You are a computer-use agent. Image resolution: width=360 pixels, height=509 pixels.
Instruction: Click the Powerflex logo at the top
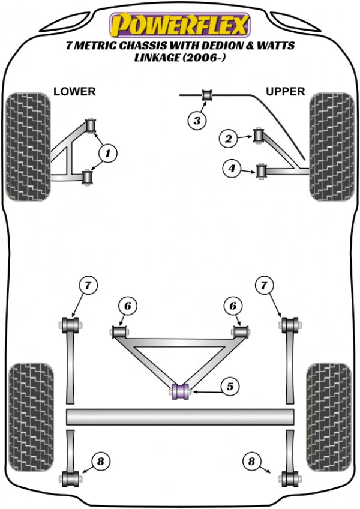pos(179,25)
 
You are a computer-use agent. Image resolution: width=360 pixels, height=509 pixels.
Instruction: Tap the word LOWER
pos(74,92)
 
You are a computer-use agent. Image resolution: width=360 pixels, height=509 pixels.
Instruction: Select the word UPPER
pos(286,92)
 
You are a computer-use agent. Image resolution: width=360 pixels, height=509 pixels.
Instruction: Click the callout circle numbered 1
pos(108,154)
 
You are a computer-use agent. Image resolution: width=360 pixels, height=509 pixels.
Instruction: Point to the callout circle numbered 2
pos(228,139)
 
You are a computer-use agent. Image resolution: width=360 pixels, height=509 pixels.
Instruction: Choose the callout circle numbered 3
pos(196,121)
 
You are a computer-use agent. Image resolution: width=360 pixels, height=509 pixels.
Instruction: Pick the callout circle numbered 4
pos(232,169)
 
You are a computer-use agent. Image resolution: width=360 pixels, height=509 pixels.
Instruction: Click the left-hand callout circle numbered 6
pos(128,306)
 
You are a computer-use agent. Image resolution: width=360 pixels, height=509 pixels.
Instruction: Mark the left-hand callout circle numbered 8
pos(100,461)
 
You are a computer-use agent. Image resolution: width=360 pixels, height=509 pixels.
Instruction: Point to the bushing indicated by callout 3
pos(207,95)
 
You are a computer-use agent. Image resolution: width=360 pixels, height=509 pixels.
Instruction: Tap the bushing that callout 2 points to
pos(259,135)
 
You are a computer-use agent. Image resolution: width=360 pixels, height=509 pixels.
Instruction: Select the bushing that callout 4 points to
pos(262,171)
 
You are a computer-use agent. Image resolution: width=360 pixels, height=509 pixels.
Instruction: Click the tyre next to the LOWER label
pos(28,146)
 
